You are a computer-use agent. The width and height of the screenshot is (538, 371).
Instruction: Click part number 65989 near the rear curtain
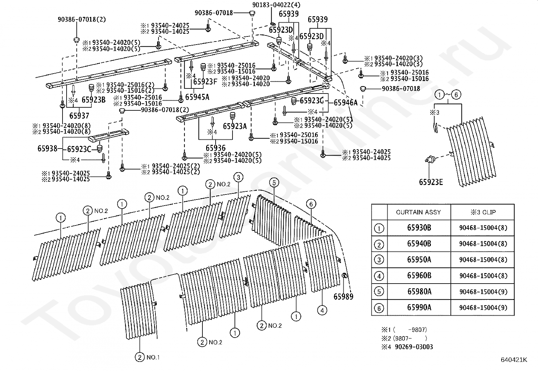pos(343,297)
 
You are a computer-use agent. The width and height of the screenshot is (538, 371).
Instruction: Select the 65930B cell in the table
pos(419,228)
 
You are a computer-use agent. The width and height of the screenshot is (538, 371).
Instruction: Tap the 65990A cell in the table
pos(419,308)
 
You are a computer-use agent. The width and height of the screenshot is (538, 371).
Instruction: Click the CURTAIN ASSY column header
pos(418,212)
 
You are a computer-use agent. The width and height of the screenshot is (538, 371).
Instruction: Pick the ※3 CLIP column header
pos(483,212)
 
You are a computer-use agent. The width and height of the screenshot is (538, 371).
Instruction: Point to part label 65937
pos(79,116)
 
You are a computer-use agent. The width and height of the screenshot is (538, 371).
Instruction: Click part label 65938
pos(47,149)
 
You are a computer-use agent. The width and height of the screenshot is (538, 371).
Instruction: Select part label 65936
pos(216,148)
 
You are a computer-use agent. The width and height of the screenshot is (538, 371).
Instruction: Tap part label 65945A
pos(197,97)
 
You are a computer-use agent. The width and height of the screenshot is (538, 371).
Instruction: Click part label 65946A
pos(346,103)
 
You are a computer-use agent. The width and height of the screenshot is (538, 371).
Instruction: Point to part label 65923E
pos(431,182)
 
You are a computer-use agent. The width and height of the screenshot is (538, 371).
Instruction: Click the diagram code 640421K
pos(514,360)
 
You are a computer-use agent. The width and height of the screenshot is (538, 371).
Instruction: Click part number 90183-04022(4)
pos(276,5)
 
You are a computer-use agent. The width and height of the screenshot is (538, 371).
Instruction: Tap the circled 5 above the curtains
pos(274,183)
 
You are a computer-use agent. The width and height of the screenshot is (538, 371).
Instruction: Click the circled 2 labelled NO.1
pos(140,357)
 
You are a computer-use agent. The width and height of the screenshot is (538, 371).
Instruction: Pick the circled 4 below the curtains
pos(322,310)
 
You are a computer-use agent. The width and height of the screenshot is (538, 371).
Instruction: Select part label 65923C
pos(79,149)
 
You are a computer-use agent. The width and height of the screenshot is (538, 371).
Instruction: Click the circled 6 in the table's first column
pos(379,308)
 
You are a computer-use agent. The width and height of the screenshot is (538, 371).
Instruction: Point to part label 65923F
pos(205,82)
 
